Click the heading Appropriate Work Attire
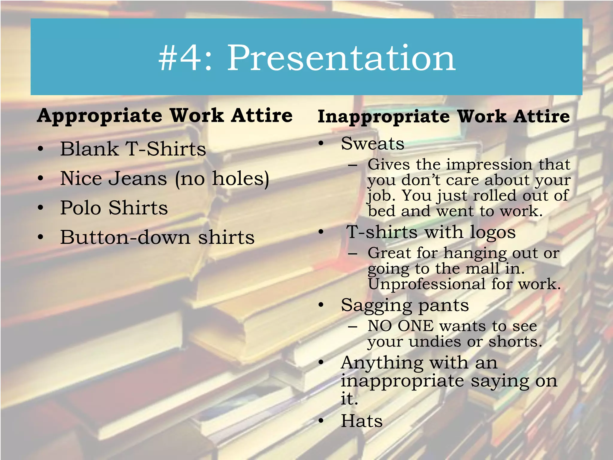(x=165, y=116)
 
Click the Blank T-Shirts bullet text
(x=133, y=149)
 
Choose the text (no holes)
(x=222, y=179)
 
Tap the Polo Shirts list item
(x=114, y=208)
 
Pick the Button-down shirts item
(x=157, y=237)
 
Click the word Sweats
(x=373, y=143)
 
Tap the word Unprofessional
(x=427, y=284)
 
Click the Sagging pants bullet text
(x=405, y=306)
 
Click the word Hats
(x=362, y=421)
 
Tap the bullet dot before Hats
(x=321, y=421)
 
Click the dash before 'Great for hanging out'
(x=353, y=254)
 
